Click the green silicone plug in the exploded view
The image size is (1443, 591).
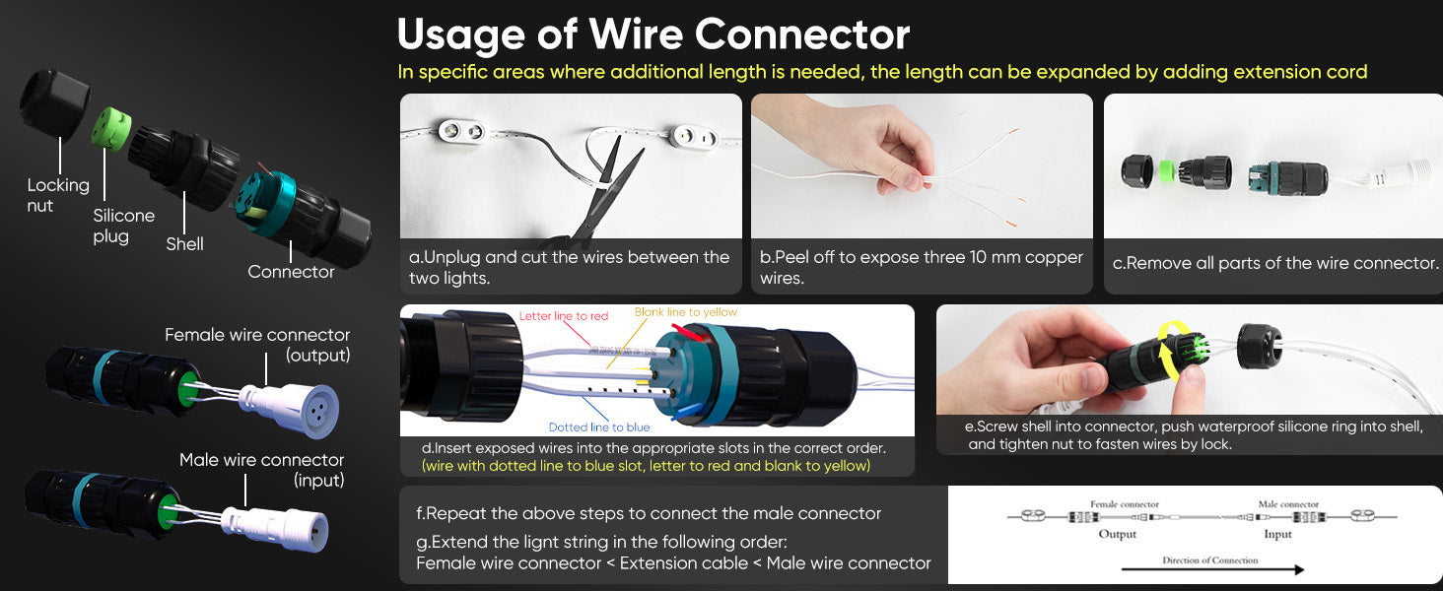click(110, 129)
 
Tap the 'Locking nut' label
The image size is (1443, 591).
click(58, 195)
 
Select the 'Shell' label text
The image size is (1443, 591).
click(185, 244)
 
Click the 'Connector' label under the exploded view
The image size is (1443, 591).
click(291, 272)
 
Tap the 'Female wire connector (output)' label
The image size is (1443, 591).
click(257, 345)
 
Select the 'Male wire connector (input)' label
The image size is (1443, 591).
click(262, 470)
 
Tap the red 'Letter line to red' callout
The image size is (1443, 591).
click(564, 316)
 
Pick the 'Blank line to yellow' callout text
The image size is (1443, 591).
click(685, 312)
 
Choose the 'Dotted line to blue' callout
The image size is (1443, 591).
click(599, 427)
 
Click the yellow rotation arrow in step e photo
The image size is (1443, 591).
click(1166, 353)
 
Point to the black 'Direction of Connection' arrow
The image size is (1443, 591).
click(1212, 569)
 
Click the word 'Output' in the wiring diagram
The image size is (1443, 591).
click(1117, 534)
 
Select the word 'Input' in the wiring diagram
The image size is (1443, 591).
click(1277, 534)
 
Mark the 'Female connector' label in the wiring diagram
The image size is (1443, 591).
click(1124, 504)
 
